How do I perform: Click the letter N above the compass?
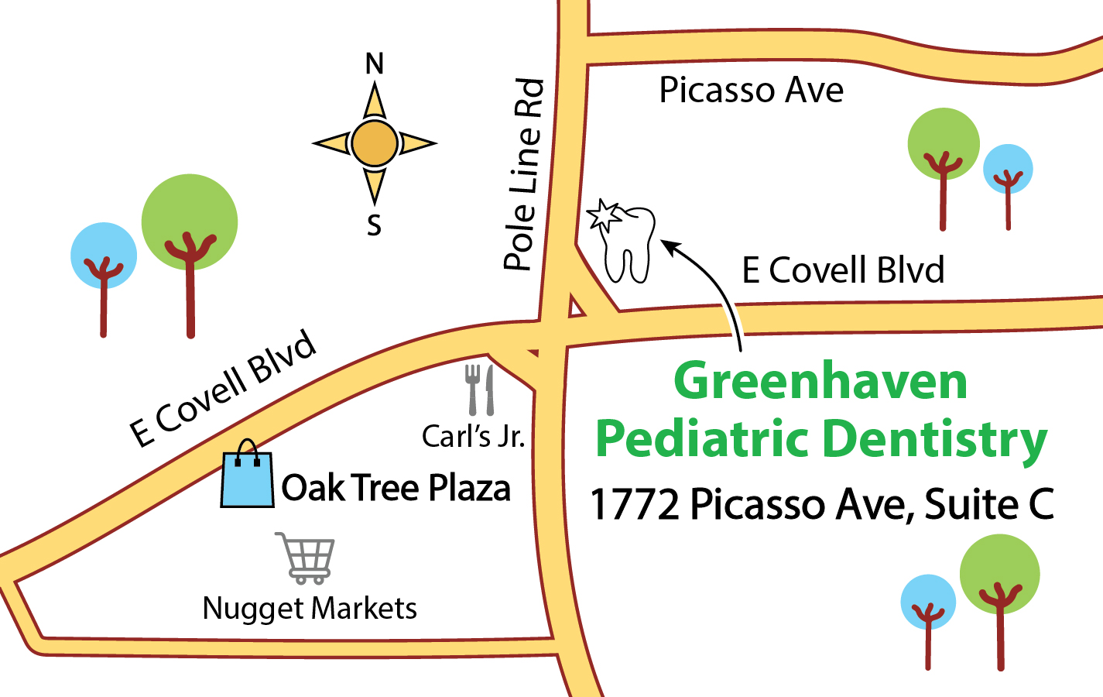pos(375,64)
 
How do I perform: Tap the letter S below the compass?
pos(375,225)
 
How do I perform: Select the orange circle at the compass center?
pos(375,143)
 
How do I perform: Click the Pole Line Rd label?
pos(525,174)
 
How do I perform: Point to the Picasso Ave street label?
pos(751,91)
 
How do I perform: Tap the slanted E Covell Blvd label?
pos(223,389)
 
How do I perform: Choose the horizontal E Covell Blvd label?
pos(843,270)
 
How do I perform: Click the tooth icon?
pos(629,244)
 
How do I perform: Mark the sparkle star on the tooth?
pos(603,215)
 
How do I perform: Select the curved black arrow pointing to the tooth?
pos(716,290)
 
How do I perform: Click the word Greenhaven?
pos(820,381)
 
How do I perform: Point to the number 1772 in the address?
pos(635,505)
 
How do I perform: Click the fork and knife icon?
pos(479,390)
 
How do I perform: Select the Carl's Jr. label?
pos(473,436)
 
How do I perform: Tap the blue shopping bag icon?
pos(248,477)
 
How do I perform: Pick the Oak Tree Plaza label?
pos(396,489)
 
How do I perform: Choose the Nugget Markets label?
pos(310,609)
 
